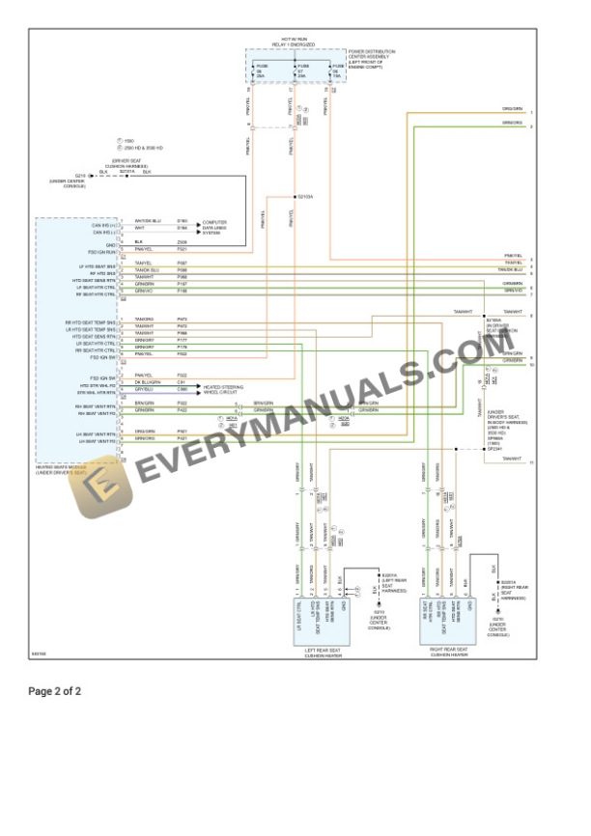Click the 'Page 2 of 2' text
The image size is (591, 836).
coord(55,691)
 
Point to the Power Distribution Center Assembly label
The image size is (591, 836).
coord(372,59)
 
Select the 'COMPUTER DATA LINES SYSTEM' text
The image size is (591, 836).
coord(214,228)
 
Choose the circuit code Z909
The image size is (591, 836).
coord(182,241)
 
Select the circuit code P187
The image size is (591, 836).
coord(182,284)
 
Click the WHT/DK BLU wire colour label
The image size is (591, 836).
coord(148,221)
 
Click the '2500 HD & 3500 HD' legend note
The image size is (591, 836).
coord(136,148)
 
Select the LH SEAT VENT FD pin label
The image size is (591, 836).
coord(98,439)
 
